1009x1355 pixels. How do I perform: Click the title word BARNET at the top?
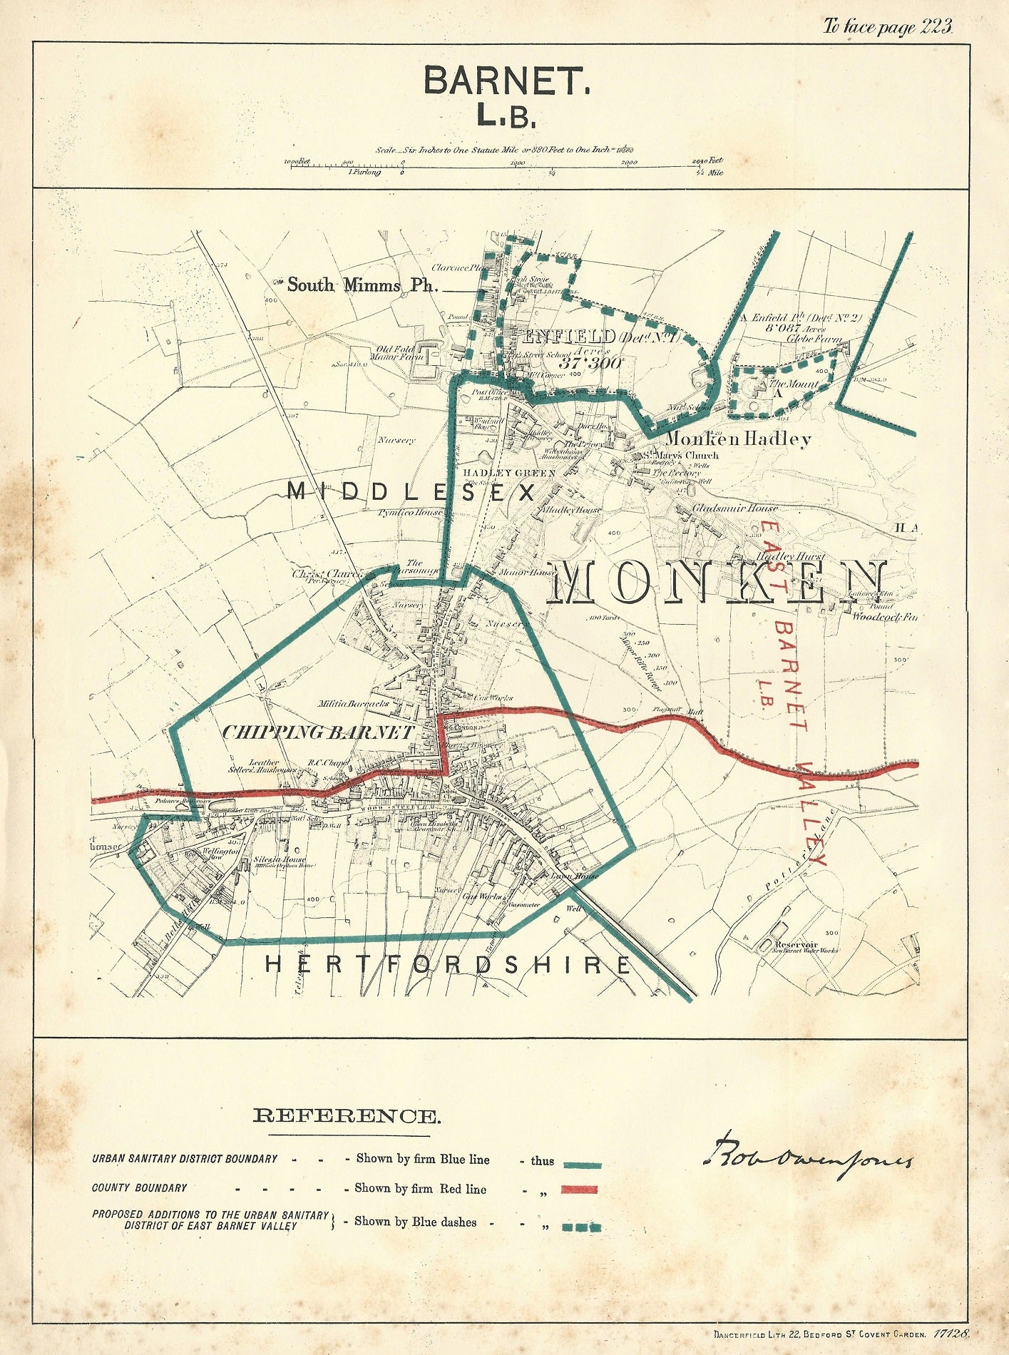pyautogui.click(x=507, y=81)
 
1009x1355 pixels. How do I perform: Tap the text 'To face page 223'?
pyautogui.click(x=888, y=27)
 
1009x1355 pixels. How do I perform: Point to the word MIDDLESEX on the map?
pyautogui.click(x=411, y=492)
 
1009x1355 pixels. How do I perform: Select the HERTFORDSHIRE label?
pyautogui.click(x=448, y=965)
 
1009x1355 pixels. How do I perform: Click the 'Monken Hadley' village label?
pyautogui.click(x=738, y=439)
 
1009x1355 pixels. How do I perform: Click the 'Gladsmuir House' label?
pyautogui.click(x=735, y=508)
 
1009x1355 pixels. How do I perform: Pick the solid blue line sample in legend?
pyautogui.click(x=582, y=1165)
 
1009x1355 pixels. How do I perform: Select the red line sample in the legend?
pyautogui.click(x=579, y=1190)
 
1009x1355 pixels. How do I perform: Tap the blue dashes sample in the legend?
pyautogui.click(x=582, y=1228)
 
